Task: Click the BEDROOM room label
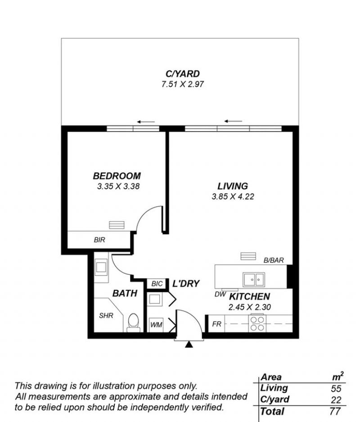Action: tap(117, 176)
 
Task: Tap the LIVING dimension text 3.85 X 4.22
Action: tap(233, 196)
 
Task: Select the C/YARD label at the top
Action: tap(183, 74)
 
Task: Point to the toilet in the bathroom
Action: tap(134, 322)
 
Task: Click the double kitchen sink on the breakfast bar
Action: tap(254, 279)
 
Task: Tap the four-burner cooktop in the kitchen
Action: tap(257, 324)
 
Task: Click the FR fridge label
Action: tap(216, 324)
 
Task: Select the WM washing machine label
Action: tap(156, 325)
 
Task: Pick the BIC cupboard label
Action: tap(157, 284)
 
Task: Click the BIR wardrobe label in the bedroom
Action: tap(99, 240)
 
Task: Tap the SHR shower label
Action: tap(106, 315)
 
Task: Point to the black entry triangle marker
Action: tap(189, 344)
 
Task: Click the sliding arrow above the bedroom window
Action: tap(146, 122)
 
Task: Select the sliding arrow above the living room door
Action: tap(234, 121)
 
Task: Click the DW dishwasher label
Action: tap(220, 295)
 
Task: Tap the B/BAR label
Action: tap(274, 260)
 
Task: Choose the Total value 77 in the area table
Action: tap(335, 411)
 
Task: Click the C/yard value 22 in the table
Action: tap(336, 400)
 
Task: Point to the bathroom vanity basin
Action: tap(101, 267)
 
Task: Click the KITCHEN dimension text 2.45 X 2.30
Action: tap(249, 307)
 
